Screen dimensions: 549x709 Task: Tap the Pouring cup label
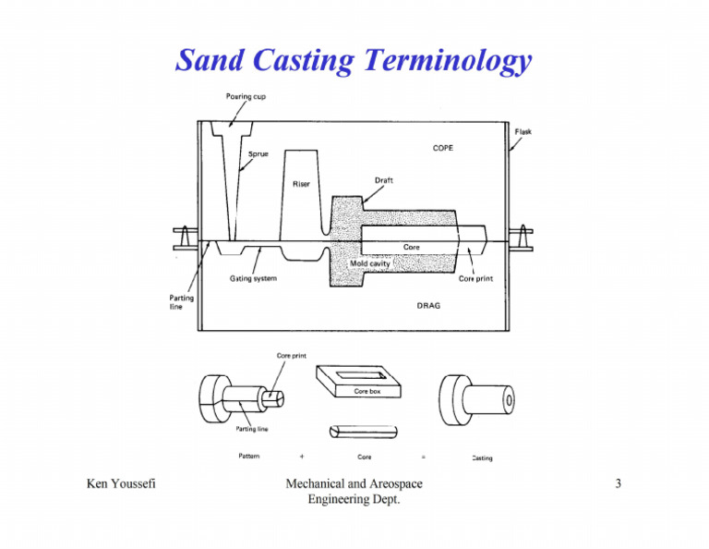pos(247,96)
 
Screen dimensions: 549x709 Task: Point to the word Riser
pos(301,184)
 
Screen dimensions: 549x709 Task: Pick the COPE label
pos(442,147)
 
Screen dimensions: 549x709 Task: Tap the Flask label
pos(523,132)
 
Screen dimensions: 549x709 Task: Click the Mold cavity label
pos(372,263)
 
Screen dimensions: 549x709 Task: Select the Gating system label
pos(253,277)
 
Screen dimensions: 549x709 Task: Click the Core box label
pos(368,392)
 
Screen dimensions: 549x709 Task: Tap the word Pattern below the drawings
pos(246,457)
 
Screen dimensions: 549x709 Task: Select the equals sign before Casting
pos(422,457)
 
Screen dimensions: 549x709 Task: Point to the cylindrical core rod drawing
pos(363,432)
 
